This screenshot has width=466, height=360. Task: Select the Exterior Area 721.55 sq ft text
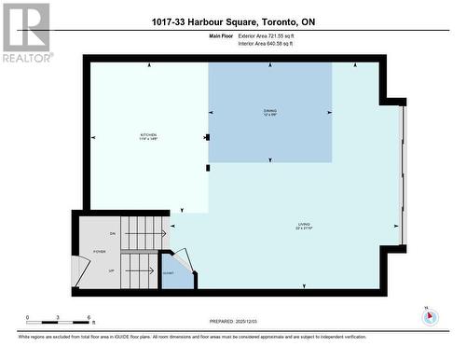(272, 35)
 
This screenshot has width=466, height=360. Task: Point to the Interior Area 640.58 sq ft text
(272, 43)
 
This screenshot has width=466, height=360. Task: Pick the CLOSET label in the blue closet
(168, 274)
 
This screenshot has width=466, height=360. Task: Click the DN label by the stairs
(113, 233)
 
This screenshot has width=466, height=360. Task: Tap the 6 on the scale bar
(89, 319)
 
